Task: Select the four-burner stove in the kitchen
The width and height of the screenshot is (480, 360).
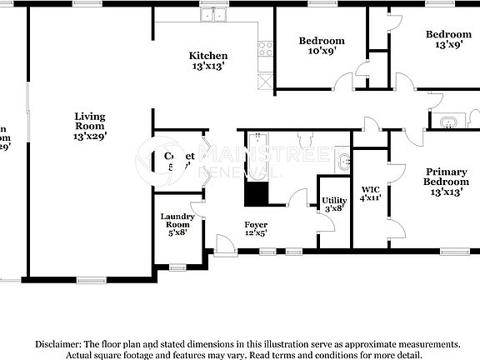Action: point(267,48)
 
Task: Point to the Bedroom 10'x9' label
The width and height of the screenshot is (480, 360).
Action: point(322,46)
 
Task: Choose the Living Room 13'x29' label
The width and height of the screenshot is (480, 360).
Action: point(89,124)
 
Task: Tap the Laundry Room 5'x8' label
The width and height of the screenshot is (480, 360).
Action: point(177,224)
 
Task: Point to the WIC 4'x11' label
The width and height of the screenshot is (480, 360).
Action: point(370,193)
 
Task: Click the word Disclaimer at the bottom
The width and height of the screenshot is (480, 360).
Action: point(57,343)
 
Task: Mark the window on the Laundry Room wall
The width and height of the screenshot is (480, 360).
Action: point(177,267)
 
